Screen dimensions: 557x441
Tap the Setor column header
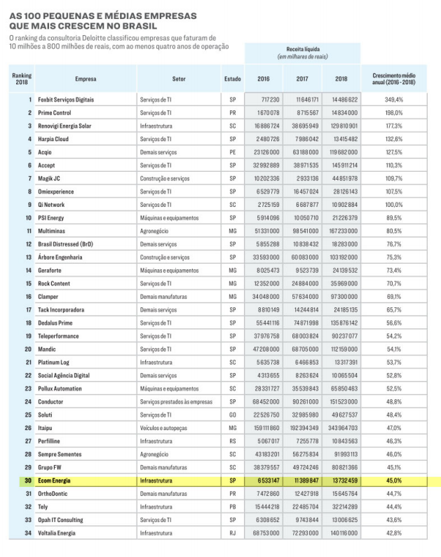178,78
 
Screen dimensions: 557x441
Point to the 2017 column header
303,78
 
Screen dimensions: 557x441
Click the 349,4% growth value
393,100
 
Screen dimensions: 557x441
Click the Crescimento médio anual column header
393,78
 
